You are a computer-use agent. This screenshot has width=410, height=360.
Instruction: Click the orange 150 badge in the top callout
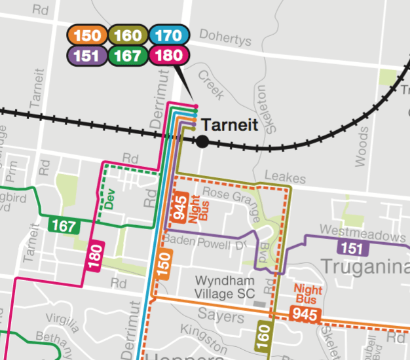[86, 36]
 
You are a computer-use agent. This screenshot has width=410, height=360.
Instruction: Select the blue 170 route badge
[168, 36]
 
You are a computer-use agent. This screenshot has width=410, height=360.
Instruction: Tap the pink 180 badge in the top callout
[168, 55]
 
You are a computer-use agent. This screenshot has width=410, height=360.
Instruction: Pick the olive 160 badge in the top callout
[127, 36]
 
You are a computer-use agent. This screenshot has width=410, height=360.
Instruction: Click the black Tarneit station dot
[202, 141]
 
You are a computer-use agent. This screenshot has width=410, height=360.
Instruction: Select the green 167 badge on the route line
[64, 226]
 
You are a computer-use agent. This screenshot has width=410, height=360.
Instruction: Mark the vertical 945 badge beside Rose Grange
[181, 207]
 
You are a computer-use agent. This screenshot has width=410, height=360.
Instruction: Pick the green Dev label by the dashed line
[110, 199]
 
